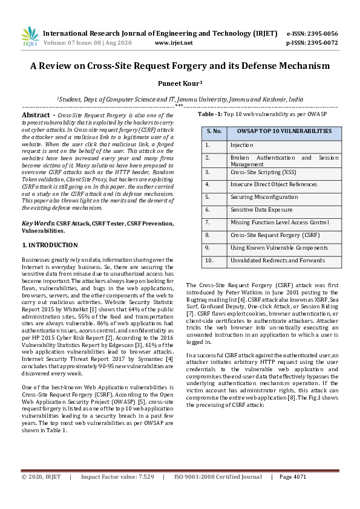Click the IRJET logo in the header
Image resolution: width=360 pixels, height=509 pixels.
(30, 37)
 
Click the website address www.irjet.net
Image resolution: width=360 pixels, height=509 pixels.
(174, 43)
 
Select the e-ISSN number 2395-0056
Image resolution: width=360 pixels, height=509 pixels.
(322, 33)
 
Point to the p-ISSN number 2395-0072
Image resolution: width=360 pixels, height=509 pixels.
(322, 43)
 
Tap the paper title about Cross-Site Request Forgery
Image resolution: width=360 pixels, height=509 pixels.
(180, 66)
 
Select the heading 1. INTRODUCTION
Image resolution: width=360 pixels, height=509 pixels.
(50, 245)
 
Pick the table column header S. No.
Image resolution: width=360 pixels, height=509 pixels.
(214, 131)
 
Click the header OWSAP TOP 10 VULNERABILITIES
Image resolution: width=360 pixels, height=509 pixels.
(276, 131)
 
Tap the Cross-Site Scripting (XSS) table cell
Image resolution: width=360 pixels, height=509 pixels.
(260, 172)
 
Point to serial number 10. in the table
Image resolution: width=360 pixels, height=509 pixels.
(209, 261)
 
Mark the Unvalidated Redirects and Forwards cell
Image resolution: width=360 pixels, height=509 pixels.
(277, 261)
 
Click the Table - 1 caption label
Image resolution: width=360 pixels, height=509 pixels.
(210, 113)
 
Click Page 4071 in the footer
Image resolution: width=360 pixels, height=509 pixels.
(293, 476)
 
